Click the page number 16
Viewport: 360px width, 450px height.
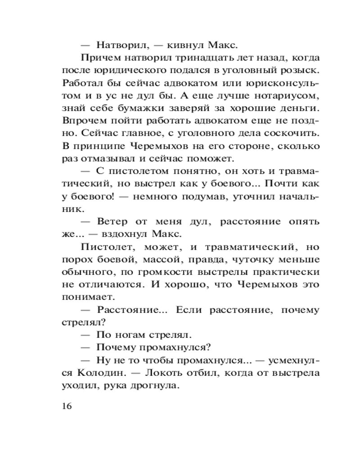pos(66,406)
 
